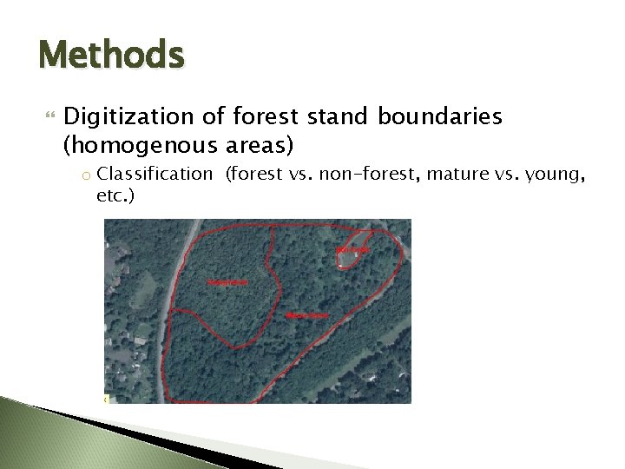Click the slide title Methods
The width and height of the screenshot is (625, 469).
pos(111,56)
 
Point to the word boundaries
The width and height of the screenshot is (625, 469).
pos(444,117)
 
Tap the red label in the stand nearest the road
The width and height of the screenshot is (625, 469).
pos(226,282)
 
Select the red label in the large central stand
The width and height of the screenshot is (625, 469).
pos(306,314)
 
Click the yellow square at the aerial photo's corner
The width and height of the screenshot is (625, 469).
pos(106,400)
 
